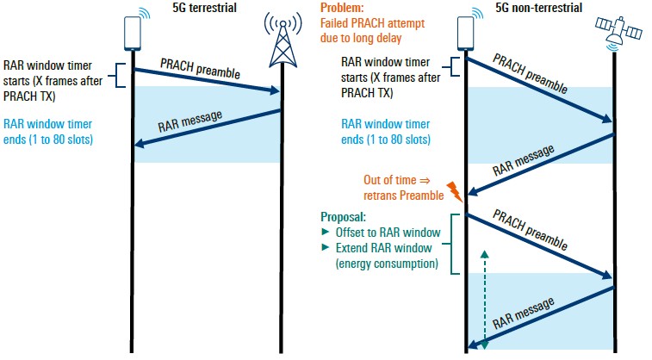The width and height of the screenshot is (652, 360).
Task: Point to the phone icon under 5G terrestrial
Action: pos(133,33)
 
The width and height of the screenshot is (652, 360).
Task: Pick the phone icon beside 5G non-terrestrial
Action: pos(466,34)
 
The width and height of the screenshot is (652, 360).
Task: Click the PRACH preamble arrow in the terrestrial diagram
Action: pos(208,75)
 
